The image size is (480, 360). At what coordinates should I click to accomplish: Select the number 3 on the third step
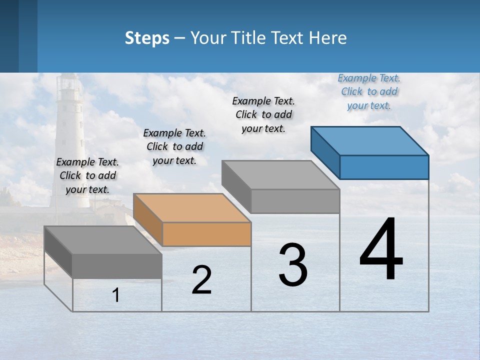tap(293, 264)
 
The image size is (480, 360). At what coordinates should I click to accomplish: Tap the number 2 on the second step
tap(201, 280)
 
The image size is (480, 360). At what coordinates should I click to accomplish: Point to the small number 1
tap(116, 295)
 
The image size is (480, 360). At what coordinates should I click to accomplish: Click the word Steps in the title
tap(147, 38)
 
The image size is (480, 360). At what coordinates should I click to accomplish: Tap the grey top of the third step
tap(280, 175)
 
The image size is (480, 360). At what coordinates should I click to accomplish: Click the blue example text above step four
tap(369, 91)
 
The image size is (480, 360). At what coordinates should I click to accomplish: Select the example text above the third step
tap(263, 114)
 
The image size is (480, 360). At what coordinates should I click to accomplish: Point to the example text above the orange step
tap(174, 146)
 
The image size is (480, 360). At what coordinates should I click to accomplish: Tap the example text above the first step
tap(87, 175)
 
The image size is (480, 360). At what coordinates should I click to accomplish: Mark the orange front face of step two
tap(206, 234)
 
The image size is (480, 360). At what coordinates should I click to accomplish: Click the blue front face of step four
tap(384, 167)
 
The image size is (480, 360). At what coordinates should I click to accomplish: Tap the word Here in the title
tap(328, 38)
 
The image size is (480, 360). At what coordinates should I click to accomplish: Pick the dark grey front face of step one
tap(117, 266)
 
